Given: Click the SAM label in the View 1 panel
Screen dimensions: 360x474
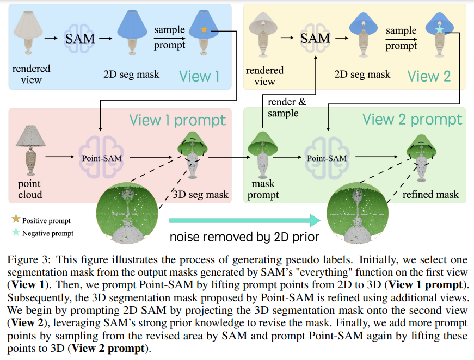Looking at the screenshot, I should [x=81, y=39].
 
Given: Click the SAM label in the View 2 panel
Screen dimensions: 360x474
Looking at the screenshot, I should [x=315, y=38].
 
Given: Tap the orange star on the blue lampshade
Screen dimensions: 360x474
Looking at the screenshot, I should [x=204, y=30].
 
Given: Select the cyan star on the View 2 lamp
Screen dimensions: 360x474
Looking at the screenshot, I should [x=440, y=29].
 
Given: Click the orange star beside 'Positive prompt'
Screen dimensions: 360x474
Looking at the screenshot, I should [x=15, y=219].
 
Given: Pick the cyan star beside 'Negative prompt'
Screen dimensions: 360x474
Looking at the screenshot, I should [x=15, y=232].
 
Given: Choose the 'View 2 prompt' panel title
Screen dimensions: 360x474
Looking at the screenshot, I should [x=413, y=120].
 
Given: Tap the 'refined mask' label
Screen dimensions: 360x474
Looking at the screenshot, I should [x=430, y=194].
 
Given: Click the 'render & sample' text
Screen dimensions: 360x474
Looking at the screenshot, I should [x=283, y=108].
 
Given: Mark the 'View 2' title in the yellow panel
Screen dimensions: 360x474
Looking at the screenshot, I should [x=429, y=76].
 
